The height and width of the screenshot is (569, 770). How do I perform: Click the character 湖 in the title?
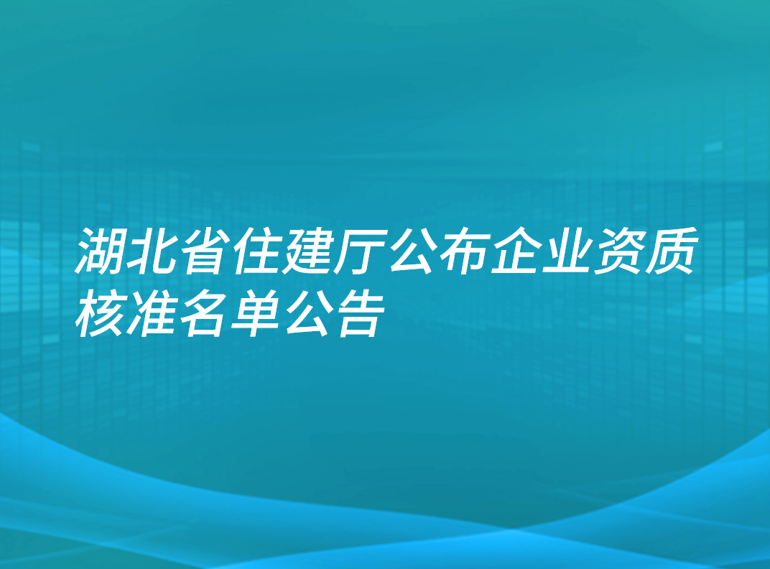(x=101, y=251)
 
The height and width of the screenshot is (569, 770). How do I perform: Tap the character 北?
(x=152, y=251)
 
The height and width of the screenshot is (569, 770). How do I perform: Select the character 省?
(x=203, y=251)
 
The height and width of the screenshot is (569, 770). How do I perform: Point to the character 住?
(x=255, y=251)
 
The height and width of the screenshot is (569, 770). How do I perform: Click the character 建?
(x=307, y=251)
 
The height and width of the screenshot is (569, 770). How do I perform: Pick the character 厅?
(x=358, y=251)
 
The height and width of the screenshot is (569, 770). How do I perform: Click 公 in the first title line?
(x=410, y=251)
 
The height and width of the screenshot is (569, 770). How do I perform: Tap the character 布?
(x=462, y=251)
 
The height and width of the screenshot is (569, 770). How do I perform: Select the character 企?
(x=514, y=251)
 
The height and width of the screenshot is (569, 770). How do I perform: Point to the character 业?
(x=565, y=251)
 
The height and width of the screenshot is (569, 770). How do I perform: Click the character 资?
(x=617, y=251)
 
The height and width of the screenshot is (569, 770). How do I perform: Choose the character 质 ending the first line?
(x=669, y=251)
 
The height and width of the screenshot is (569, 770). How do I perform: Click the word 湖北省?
(x=152, y=251)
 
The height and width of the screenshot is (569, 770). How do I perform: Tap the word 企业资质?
(x=591, y=251)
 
